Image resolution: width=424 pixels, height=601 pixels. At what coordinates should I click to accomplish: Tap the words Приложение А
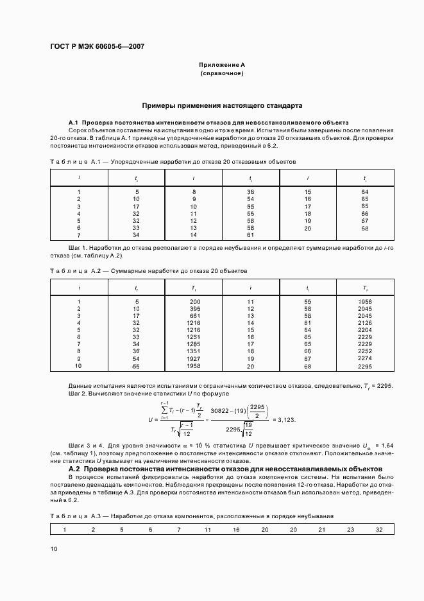pos(221,65)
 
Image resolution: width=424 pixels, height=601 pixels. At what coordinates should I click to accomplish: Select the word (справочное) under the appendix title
pos(221,74)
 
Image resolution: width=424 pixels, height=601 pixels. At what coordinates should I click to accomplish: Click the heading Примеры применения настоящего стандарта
pos(222,105)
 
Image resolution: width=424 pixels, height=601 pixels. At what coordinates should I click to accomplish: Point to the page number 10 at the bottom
pos(54,548)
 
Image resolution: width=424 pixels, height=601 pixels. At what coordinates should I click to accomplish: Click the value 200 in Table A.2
pos(195,301)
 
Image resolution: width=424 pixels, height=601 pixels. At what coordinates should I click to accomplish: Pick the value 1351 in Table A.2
pos(194,351)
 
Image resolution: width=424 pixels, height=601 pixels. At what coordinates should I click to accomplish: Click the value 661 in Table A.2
pos(195,315)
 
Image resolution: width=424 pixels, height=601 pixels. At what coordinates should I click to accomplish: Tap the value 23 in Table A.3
pos(350,530)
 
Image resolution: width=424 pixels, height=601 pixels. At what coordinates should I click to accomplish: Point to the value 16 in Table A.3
pos(236,530)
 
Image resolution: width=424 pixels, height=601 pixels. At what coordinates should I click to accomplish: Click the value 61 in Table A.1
pos(250,235)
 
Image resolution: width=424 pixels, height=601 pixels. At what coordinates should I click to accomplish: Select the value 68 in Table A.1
pos(365,228)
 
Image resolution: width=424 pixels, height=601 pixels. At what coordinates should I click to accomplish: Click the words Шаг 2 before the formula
pos(78,392)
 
